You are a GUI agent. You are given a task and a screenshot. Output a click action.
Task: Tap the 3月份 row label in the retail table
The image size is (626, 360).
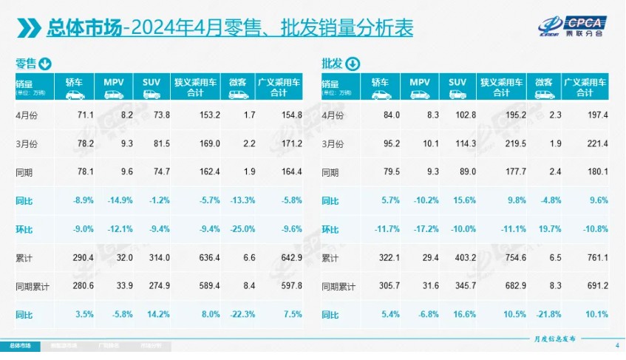pos(26,143)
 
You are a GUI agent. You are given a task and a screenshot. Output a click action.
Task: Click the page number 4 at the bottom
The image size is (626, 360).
pos(616,345)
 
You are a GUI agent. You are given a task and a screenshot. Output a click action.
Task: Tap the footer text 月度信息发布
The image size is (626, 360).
pos(553,337)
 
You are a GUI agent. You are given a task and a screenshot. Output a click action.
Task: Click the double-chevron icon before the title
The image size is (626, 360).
pos(28,28)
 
